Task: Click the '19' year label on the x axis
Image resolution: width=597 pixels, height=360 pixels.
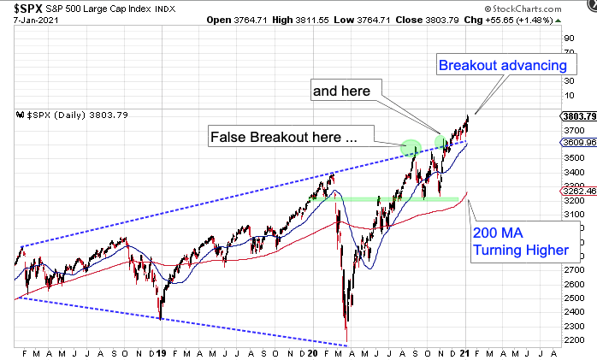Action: click(x=161, y=352)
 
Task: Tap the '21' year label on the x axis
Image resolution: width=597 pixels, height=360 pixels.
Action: click(x=466, y=352)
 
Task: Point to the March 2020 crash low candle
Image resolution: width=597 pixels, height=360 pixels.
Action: click(x=346, y=328)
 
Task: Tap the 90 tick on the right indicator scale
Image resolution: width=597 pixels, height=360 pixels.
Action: click(x=567, y=38)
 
